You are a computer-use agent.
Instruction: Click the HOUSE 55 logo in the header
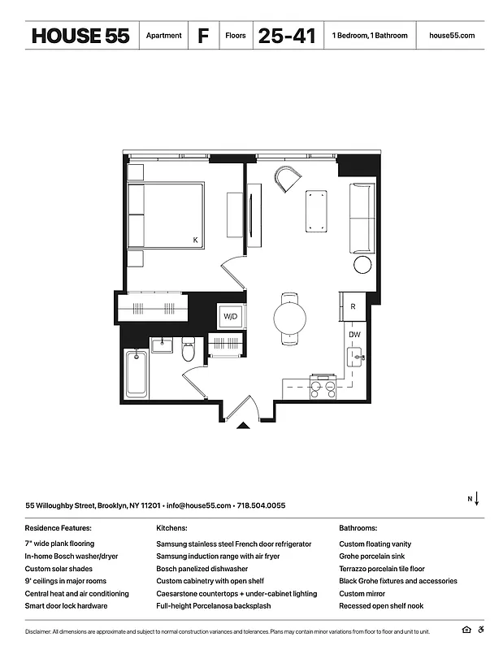point(80,36)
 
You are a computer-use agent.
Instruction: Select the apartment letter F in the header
point(202,36)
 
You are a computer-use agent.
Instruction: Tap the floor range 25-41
point(286,36)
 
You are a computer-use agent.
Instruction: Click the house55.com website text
point(451,36)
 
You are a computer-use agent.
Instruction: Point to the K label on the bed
point(195,240)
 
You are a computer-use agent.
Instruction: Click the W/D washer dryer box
point(230,316)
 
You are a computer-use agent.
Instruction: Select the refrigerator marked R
point(353,307)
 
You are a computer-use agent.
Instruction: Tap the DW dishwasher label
point(354,334)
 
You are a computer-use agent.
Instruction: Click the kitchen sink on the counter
point(355,357)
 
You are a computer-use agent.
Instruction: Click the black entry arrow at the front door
point(241,423)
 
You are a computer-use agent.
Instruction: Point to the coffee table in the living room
point(316,210)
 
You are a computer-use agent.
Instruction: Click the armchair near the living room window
point(287,178)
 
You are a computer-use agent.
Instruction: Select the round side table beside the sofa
point(362,265)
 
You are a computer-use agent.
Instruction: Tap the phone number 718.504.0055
point(261,505)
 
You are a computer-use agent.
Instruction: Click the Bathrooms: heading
point(358,528)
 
